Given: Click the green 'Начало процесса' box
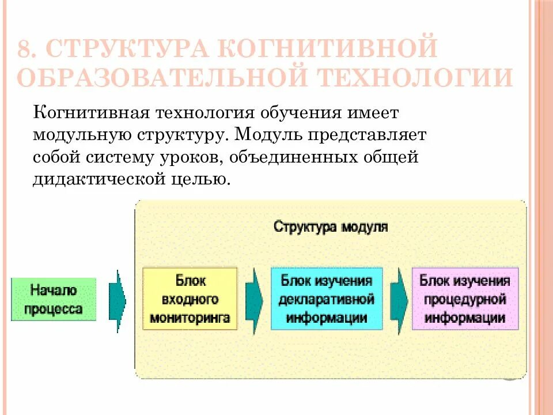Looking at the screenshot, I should pyautogui.click(x=54, y=300).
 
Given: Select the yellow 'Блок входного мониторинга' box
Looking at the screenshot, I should pyautogui.click(x=190, y=299).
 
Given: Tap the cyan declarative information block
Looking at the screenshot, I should pyautogui.click(x=326, y=299).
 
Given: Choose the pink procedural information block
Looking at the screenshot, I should pyautogui.click(x=465, y=299).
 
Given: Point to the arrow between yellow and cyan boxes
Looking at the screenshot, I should pyautogui.click(x=254, y=299).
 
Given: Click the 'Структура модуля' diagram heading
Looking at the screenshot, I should pyautogui.click(x=330, y=226).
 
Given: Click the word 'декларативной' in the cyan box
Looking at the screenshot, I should pyautogui.click(x=326, y=299).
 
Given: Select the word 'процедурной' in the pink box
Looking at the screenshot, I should pyautogui.click(x=465, y=299).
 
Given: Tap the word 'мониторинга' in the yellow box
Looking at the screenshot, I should pyautogui.click(x=190, y=317).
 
